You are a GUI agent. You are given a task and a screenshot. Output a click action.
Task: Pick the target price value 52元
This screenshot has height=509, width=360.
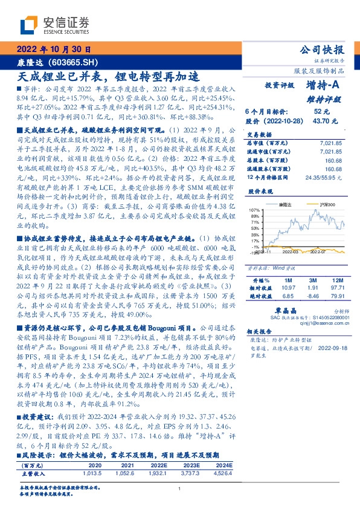click(321, 111)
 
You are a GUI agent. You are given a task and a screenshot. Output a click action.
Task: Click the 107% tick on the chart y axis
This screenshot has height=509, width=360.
click(255, 210)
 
